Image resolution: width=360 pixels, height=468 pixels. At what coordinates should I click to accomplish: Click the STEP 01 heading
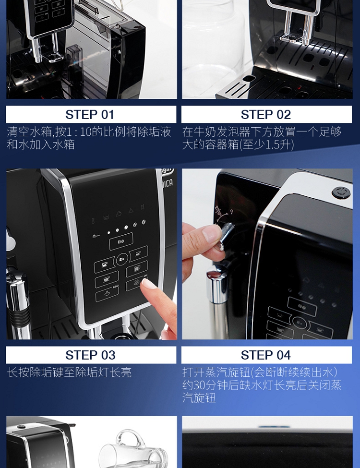click(90, 115)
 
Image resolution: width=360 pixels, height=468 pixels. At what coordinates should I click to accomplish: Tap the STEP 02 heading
click(265, 115)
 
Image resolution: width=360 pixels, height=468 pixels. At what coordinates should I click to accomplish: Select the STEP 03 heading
click(90, 355)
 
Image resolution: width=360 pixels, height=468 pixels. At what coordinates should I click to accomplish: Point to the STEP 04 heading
click(265, 355)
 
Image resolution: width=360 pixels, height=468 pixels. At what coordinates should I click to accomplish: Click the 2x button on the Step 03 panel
click(121, 259)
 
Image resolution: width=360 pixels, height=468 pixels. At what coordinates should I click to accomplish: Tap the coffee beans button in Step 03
click(121, 241)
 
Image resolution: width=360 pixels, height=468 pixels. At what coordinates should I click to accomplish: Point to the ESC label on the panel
click(116, 287)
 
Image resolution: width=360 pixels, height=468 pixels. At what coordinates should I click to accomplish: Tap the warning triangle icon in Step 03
click(131, 211)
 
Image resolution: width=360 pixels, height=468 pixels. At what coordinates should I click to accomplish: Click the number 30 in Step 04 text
click(199, 385)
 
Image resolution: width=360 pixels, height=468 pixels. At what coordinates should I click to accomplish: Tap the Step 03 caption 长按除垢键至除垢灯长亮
click(69, 372)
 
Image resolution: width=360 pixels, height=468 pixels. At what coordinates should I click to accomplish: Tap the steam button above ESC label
click(107, 294)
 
